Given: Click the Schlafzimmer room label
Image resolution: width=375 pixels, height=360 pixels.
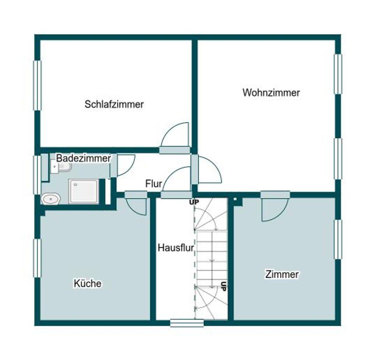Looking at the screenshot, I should (114, 104).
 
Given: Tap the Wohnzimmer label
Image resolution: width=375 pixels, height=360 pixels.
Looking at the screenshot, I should (271, 92).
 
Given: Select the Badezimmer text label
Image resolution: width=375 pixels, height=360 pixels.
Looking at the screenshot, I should (83, 158).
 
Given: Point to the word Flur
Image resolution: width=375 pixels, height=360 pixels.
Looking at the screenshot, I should (153, 184).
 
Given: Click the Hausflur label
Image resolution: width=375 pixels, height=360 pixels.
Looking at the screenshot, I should (176, 248).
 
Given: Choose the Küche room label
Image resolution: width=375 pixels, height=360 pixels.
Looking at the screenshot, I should (88, 283).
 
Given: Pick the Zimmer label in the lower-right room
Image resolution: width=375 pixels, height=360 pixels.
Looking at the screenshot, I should (282, 274).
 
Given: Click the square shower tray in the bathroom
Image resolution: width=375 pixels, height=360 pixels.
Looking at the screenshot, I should (84, 191).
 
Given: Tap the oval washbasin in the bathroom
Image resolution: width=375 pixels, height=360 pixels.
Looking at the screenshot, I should (51, 198).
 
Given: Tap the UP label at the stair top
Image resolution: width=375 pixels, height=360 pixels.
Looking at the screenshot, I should (194, 202).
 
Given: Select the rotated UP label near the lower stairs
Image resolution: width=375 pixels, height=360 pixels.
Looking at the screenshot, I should (223, 286).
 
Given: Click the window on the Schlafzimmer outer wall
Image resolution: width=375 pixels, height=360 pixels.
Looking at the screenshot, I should (37, 85).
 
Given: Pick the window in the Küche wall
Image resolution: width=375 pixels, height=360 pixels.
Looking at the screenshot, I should (37, 258).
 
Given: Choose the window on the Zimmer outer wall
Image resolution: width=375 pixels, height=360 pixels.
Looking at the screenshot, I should (338, 239).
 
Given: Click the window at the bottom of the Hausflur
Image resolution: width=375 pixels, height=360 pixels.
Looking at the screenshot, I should (187, 323).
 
